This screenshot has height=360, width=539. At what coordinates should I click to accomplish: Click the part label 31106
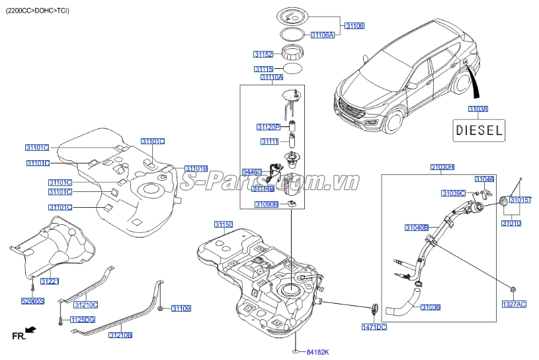354,26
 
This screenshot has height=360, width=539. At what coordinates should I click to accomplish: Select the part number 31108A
323,34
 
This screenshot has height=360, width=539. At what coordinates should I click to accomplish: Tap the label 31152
263,54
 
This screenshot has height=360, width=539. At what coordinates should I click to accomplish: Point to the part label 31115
263,69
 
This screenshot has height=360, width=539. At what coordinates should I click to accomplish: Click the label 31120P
269,126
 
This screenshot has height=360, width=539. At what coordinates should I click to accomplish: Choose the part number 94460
252,171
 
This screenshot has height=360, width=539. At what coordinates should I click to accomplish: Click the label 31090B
267,204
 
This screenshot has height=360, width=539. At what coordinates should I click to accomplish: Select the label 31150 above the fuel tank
223,225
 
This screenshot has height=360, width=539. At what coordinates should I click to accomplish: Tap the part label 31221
50,282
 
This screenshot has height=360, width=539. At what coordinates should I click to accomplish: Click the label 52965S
32,301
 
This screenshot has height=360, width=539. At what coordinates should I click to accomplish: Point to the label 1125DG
83,320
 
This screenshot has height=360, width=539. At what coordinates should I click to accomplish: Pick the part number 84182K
317,351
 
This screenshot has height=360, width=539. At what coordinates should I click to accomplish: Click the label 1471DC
374,327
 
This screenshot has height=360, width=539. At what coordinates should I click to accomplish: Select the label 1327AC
514,304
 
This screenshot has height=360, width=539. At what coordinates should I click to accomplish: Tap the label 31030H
442,167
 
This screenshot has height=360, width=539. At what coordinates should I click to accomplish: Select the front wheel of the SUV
395,123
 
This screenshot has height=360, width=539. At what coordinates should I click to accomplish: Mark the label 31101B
196,169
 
